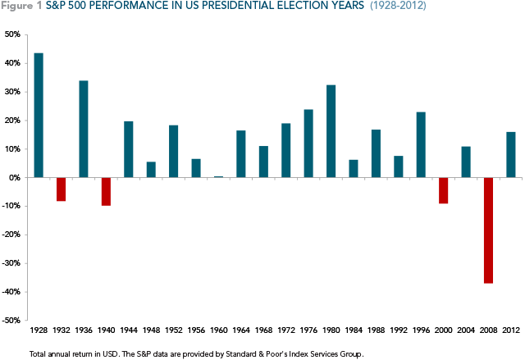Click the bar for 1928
click(39, 115)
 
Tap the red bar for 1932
click(62, 189)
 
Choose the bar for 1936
click(84, 129)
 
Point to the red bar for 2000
click(443, 190)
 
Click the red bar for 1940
click(106, 191)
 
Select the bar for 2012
click(510, 154)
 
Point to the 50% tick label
click(13, 34)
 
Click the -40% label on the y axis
click(11, 292)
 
